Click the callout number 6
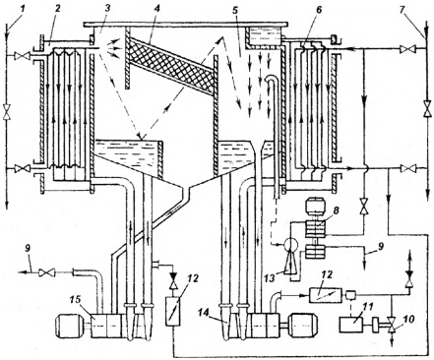(x=318, y=10)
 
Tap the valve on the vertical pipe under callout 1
(x=6, y=112)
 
